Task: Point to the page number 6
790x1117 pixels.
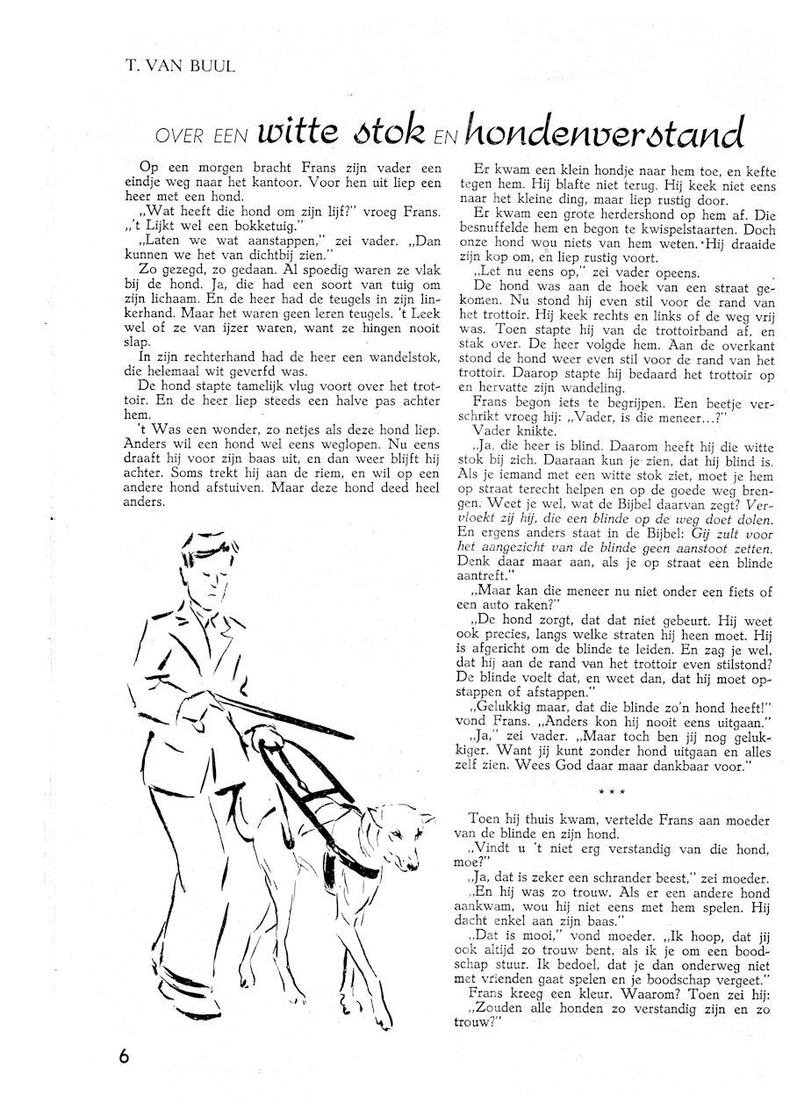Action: [124, 1055]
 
